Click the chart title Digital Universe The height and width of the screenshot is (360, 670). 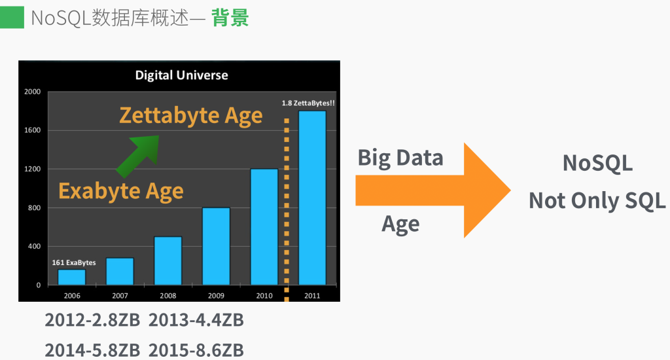click(x=181, y=75)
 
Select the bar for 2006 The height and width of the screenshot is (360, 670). click(x=71, y=277)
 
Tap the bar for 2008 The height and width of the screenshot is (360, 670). click(x=167, y=261)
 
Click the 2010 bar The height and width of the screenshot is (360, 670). click(x=264, y=226)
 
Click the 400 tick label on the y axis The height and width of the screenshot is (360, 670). click(x=33, y=247)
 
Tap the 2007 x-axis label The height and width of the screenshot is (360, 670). click(x=120, y=295)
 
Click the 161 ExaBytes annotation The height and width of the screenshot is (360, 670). click(x=74, y=262)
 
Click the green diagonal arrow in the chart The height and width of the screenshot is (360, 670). click(x=138, y=155)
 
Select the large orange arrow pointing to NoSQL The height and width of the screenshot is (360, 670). click(x=432, y=190)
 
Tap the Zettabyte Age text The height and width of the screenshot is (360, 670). click(x=190, y=116)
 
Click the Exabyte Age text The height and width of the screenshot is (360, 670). click(x=121, y=191)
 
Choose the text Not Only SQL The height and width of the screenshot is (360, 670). click(x=597, y=200)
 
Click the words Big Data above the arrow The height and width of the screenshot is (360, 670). click(x=400, y=158)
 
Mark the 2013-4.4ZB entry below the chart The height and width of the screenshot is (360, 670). click(x=196, y=320)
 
